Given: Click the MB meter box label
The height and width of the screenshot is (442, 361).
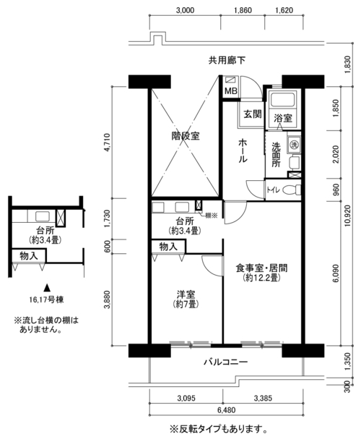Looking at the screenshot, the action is click(231, 91).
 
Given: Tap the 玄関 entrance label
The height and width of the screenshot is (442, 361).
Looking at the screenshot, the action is click(253, 114).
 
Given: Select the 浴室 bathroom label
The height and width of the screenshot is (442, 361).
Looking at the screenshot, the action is click(283, 118).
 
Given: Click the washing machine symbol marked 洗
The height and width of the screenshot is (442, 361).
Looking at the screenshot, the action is click(294, 145).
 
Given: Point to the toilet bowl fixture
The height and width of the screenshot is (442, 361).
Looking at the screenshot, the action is click(291, 190).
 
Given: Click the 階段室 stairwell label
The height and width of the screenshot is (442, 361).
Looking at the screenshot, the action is click(186, 136).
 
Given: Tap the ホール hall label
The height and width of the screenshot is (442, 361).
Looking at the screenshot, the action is click(243, 150).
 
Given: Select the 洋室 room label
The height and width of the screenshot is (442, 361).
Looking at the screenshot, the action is click(186, 294).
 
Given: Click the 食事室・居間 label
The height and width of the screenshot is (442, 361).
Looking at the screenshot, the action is click(261, 268).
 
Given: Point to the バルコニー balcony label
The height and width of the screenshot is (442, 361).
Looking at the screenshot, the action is click(226, 362).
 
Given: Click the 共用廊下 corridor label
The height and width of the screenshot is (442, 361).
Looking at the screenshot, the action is click(227, 60).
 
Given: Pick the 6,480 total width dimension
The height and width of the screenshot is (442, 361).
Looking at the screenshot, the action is click(226, 410).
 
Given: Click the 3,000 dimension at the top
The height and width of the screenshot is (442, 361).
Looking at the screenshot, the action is click(185, 10).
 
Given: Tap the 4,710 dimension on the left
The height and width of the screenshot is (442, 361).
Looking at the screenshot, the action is click(107, 142).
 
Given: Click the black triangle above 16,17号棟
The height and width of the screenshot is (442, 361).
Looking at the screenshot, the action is click(47, 288).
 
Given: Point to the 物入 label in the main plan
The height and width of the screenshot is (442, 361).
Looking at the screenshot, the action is click(168, 247).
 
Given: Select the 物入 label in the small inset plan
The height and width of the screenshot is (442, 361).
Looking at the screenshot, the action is click(29, 256).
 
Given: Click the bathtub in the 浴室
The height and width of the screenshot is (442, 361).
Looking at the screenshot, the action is click(282, 100).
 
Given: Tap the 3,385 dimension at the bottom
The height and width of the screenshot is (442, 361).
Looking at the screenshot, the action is click(263, 398).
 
